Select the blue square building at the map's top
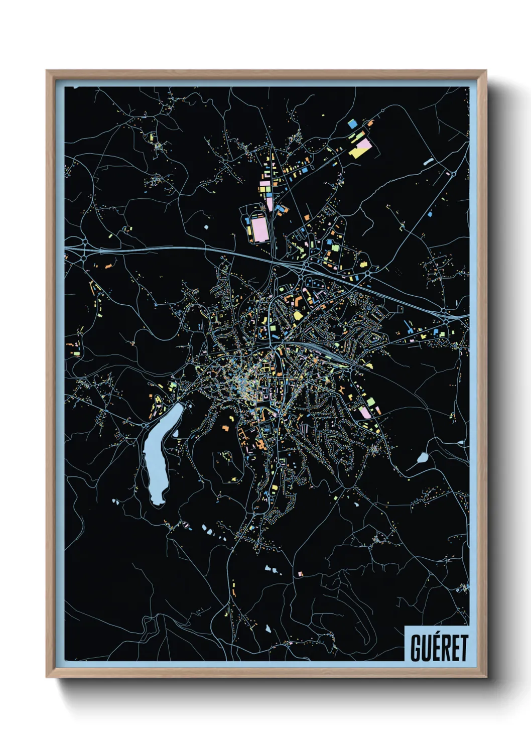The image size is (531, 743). (x=352, y=122)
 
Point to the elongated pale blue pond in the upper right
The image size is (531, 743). (x=428, y=162)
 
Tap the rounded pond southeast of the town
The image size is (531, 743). (x=423, y=457)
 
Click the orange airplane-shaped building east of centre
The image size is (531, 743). (x=341, y=389)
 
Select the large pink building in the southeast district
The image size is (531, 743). (x=365, y=412)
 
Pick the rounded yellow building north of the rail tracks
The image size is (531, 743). (x=297, y=315)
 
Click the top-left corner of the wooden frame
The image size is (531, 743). (x=47, y=71)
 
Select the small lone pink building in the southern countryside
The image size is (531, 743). (x=301, y=573)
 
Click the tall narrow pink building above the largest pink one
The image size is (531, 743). (x=269, y=203)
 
